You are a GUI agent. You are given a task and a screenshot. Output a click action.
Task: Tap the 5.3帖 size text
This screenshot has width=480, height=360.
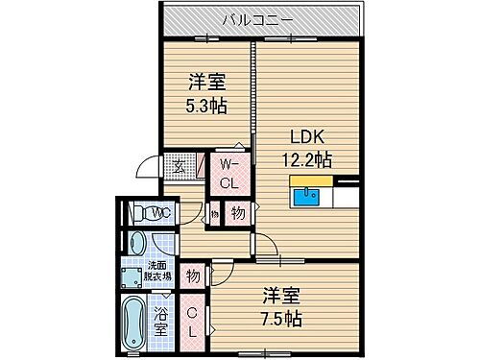[x=206, y=105]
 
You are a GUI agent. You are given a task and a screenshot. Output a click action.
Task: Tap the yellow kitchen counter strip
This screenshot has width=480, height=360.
[x=311, y=180]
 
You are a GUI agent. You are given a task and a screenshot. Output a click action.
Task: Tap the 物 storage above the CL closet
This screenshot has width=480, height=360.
[x=192, y=276]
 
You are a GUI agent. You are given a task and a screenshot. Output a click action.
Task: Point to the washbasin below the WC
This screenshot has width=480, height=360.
[x=138, y=244]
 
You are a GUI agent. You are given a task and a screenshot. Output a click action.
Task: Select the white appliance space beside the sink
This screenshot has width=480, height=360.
[x=343, y=197]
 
